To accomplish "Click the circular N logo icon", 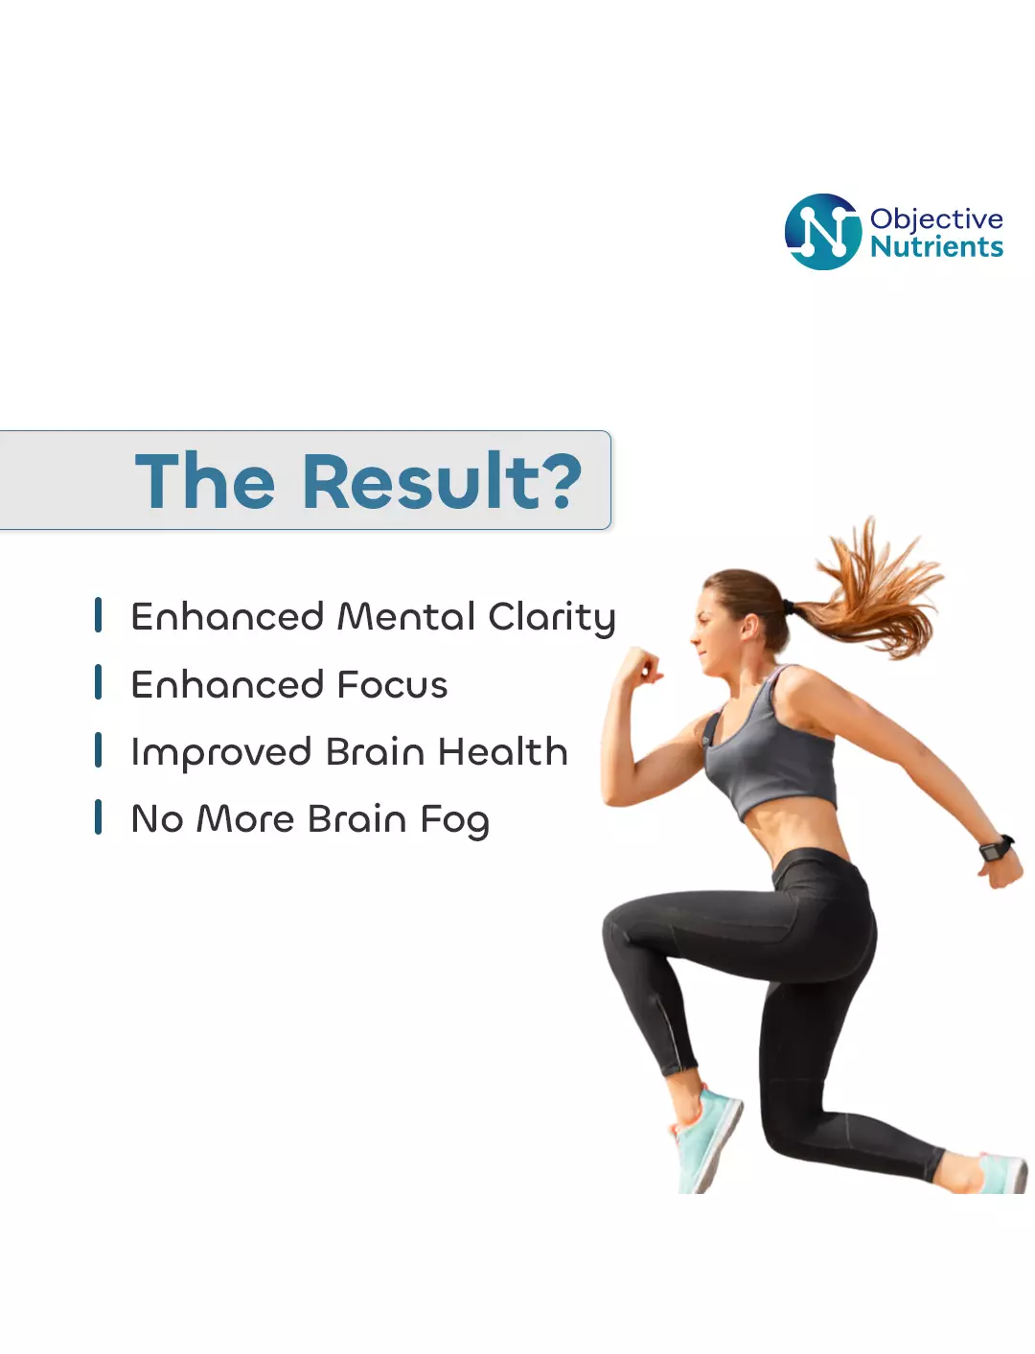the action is [822, 231].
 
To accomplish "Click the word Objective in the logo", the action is [935, 220].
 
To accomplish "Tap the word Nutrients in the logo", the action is [936, 246].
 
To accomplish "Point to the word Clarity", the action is [551, 618].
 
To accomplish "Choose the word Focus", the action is [392, 684].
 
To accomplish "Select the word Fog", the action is [454, 820].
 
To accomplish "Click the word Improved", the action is [220, 753].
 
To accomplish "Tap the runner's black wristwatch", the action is [996, 848].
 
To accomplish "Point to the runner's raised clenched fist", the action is [639, 666].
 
